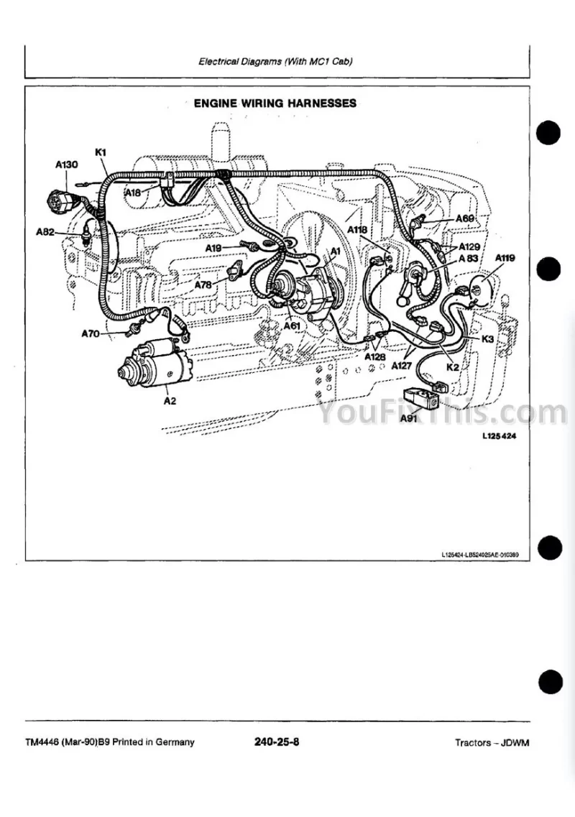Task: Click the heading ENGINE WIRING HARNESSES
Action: [x=275, y=103]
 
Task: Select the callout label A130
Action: [x=66, y=165]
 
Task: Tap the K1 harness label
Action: [x=101, y=152]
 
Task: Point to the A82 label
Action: [x=46, y=232]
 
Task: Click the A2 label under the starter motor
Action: [x=170, y=401]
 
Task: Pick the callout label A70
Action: [x=91, y=333]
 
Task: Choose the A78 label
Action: [x=204, y=285]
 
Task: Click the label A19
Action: [x=213, y=248]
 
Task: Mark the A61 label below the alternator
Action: [x=293, y=326]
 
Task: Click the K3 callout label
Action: [x=487, y=338]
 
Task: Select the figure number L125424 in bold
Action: [x=500, y=436]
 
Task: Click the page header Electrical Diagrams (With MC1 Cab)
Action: [x=276, y=61]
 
